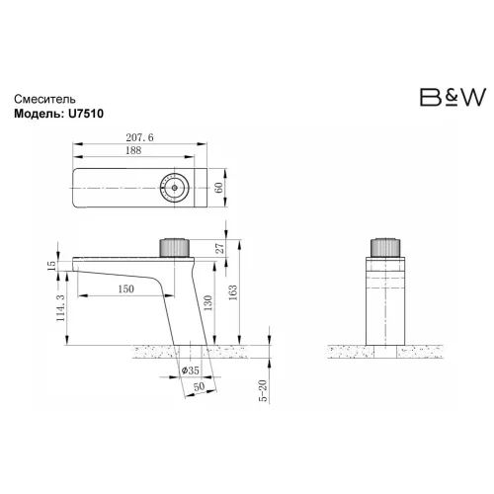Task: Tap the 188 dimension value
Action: click(132, 155)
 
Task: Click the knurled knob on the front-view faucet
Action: click(384, 248)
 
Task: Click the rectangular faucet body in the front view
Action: click(384, 301)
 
